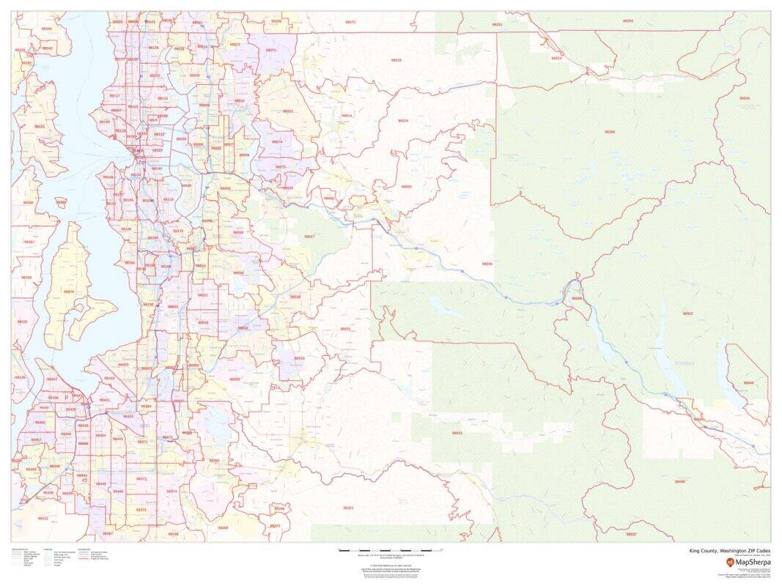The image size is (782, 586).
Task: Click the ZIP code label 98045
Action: point(487,264)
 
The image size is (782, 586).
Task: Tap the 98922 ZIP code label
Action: point(687,314)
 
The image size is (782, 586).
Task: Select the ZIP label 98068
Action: point(578,298)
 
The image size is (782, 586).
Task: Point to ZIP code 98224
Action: point(557,58)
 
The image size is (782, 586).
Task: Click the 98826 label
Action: point(745,98)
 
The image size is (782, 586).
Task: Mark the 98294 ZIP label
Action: point(628,21)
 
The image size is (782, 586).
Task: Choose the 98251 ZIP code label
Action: point(498,25)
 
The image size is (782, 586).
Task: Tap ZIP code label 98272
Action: point(350,22)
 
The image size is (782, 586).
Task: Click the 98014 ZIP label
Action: point(347,116)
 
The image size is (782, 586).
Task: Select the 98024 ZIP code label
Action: point(403,120)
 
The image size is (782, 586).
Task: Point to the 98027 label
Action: point(309,237)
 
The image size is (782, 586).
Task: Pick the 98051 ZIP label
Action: point(345,329)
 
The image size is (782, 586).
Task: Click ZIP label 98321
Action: point(348,508)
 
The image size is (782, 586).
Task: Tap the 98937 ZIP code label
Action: point(631,534)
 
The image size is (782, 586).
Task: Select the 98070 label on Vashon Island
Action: point(69,292)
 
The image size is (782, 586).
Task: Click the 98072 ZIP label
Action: point(270,51)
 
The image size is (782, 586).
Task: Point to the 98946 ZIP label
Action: point(679,481)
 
